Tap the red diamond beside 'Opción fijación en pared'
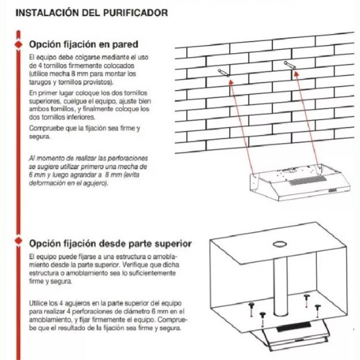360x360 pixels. tap(18, 45)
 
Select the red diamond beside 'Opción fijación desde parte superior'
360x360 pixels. tap(18, 243)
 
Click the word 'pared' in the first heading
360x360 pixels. tap(125, 45)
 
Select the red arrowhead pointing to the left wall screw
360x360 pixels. tap(231, 81)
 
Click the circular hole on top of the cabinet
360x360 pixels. tap(280, 244)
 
